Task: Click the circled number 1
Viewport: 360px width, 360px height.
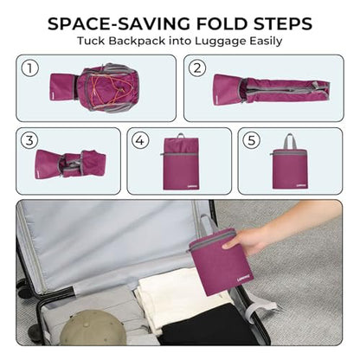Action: click(x=30, y=68)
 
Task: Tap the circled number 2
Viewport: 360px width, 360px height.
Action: click(x=197, y=68)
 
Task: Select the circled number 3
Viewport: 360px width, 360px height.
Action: click(x=29, y=140)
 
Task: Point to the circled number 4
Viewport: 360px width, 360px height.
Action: click(x=140, y=140)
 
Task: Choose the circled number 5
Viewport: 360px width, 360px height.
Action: click(x=252, y=140)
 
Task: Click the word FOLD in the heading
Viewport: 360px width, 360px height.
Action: click(x=222, y=23)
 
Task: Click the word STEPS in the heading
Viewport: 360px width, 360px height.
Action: click(x=283, y=23)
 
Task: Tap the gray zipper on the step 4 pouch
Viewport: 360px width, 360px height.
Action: click(x=179, y=155)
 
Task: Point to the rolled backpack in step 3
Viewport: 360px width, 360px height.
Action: click(x=70, y=164)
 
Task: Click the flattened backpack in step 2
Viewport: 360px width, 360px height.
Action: click(x=271, y=88)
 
